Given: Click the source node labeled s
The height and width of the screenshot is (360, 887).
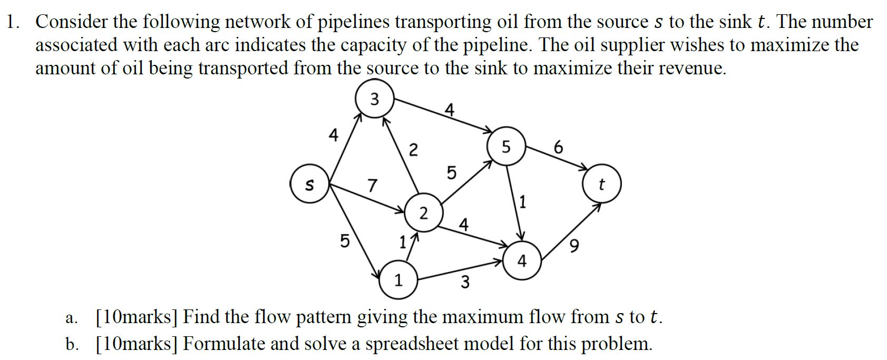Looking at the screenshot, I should [309, 184].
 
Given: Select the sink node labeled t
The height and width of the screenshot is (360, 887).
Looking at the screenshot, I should [601, 184].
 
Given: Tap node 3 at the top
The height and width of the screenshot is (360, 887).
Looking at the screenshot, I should [374, 99].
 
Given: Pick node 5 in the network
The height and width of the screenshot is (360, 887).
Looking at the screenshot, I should [506, 147].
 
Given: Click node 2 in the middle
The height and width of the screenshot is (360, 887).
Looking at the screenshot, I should [424, 213].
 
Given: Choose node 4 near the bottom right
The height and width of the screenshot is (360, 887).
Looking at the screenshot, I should [522, 260].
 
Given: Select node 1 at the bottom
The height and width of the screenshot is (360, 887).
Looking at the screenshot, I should [398, 280].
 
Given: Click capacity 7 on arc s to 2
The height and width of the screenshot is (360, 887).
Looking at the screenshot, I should [373, 186].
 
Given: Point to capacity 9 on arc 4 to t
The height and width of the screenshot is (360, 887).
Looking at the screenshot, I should [574, 246].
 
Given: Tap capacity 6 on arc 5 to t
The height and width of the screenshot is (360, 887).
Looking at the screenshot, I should [559, 147].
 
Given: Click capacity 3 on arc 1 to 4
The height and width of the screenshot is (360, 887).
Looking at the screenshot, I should [465, 282].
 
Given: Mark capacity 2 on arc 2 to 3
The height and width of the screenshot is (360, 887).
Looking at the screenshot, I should [413, 150].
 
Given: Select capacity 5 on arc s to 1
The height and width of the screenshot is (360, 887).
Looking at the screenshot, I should [344, 241].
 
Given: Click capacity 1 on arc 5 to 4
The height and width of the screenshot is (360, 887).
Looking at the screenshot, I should [522, 201].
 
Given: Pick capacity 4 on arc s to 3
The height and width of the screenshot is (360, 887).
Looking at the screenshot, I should [333, 135].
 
